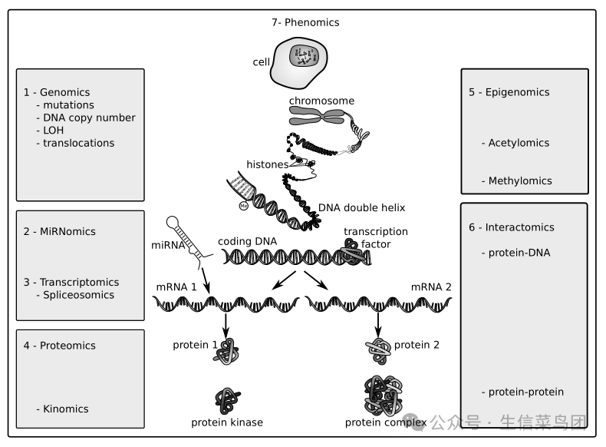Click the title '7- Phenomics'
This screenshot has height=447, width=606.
305,23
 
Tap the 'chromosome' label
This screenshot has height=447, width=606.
321,101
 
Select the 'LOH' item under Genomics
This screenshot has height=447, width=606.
53,131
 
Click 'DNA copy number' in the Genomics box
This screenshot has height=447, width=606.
89,118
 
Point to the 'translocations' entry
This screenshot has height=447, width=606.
78,143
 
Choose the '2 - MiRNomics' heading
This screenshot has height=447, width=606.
60,231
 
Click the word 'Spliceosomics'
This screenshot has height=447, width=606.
78,295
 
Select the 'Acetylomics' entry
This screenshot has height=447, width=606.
519,143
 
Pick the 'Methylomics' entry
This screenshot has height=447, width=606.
520,181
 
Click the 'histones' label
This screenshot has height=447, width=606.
267,164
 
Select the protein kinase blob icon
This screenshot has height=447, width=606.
227,399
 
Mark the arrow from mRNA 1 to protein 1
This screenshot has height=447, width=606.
226,323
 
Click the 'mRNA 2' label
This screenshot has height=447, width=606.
431,286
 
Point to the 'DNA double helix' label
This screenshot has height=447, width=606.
361,208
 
